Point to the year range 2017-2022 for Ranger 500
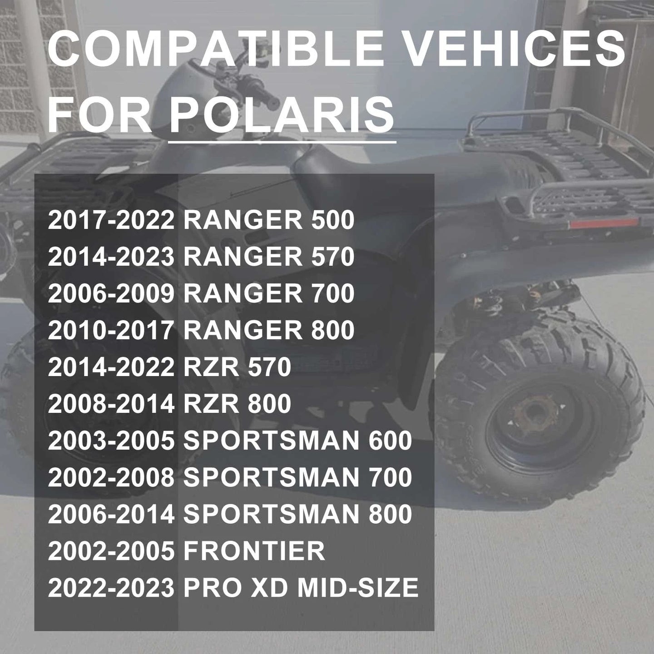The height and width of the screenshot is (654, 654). point(111,220)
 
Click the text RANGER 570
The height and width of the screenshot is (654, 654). point(269,257)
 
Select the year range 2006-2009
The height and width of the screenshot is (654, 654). point(111,293)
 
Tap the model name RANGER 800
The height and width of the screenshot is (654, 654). point(269,330)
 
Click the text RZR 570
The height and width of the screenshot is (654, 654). point(237,367)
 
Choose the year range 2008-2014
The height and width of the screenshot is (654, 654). point(111,404)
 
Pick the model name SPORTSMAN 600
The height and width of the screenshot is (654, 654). point(297,440)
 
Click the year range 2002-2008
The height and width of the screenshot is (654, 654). point(111,477)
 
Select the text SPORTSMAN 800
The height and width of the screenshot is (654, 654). point(297,514)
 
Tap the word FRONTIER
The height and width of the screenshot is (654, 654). point(254,550)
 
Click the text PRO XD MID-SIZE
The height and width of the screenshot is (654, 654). point(301,587)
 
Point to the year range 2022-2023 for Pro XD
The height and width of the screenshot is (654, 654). point(111,587)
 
